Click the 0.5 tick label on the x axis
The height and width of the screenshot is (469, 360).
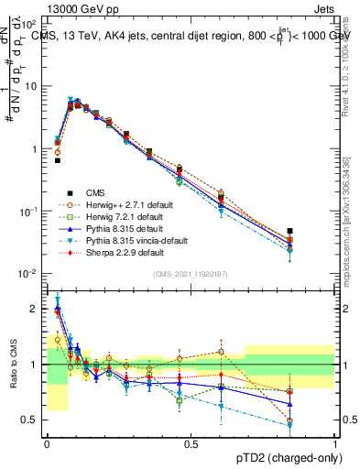coord(191,443)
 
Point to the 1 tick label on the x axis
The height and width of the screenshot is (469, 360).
coord(335,443)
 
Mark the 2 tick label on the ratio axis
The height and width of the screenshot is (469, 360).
coord(34,309)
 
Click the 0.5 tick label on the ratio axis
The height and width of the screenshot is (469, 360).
coord(30,420)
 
